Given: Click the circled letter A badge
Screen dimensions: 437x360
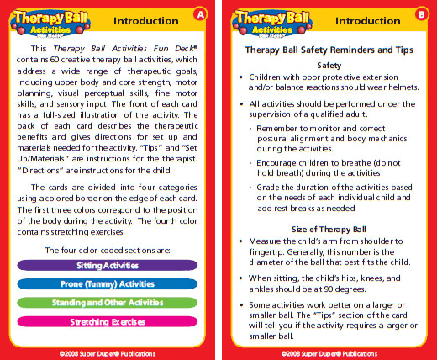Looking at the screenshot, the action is click(199, 14).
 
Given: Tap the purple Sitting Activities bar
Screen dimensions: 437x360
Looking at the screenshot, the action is click(107, 265).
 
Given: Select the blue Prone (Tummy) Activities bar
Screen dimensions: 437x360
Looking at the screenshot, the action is click(107, 283).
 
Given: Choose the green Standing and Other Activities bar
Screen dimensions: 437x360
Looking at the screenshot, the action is click(107, 302).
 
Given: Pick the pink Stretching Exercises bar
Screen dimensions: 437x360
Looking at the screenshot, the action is click(107, 320).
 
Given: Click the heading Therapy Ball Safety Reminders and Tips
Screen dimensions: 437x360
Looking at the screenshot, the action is click(328, 50).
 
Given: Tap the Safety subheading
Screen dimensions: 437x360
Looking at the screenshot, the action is click(328, 65).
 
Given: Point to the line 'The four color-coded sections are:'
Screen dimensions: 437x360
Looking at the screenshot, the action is click(107, 250).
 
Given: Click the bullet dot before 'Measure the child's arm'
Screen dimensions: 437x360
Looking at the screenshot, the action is click(241, 241).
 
